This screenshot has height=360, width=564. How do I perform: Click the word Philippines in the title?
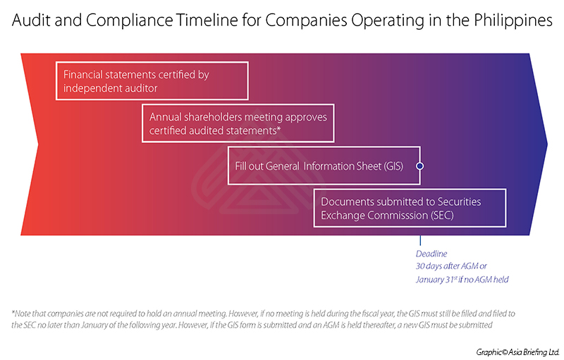(513, 21)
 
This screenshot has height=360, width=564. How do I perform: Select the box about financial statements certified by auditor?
(152, 81)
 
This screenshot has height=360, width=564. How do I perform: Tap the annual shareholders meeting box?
(238, 123)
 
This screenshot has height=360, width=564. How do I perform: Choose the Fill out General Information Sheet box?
(324, 166)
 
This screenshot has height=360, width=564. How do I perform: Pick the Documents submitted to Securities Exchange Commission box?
(410, 208)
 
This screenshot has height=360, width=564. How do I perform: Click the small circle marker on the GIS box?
(419, 166)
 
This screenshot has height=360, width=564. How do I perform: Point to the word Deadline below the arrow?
(431, 254)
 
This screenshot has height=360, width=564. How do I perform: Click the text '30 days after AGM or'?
(451, 266)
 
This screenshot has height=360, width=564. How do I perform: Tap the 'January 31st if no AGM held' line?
(462, 280)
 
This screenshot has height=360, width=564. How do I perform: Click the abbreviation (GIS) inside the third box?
(393, 166)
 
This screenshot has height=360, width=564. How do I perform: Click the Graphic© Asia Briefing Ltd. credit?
(518, 352)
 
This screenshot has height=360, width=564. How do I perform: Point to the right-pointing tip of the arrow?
(547, 144)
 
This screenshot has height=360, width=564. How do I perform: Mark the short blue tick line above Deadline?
(420, 240)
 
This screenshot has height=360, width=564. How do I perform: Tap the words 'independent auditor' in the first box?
(111, 88)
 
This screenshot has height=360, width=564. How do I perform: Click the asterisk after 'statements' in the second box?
(278, 128)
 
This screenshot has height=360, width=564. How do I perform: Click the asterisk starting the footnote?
(13, 312)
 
